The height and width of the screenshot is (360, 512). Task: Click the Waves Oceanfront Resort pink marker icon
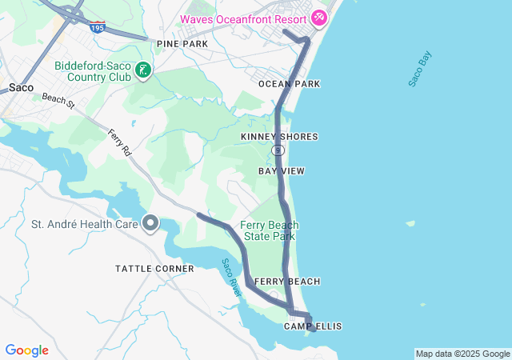[319, 17]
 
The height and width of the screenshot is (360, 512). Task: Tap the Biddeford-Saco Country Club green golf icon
[142, 70]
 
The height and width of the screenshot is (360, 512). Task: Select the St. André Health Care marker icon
[150, 223]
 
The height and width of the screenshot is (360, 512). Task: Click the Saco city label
[21, 87]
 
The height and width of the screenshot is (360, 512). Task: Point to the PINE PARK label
[182, 43]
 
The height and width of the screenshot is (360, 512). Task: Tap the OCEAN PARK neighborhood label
[289, 84]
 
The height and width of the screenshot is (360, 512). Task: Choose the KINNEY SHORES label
[279, 137]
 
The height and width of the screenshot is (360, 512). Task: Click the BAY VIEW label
[282, 171]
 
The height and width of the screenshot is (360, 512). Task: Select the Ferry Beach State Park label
[269, 230]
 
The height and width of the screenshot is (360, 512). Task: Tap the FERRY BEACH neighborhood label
[287, 282]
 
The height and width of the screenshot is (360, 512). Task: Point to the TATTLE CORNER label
[154, 269]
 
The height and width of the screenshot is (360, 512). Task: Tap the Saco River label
[232, 278]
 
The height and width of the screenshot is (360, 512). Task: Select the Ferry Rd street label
[118, 142]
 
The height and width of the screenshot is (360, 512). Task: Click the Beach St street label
[58, 100]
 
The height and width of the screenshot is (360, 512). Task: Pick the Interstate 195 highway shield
[97, 27]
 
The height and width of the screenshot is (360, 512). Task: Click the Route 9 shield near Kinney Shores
[277, 150]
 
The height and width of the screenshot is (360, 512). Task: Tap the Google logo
[26, 350]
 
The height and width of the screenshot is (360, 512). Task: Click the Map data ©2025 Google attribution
[462, 354]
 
